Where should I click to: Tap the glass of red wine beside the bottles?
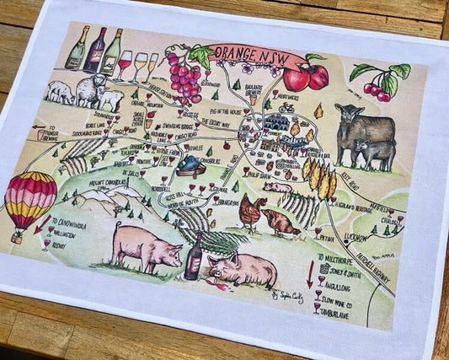click(125, 64)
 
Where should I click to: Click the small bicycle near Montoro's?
click(286, 108)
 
